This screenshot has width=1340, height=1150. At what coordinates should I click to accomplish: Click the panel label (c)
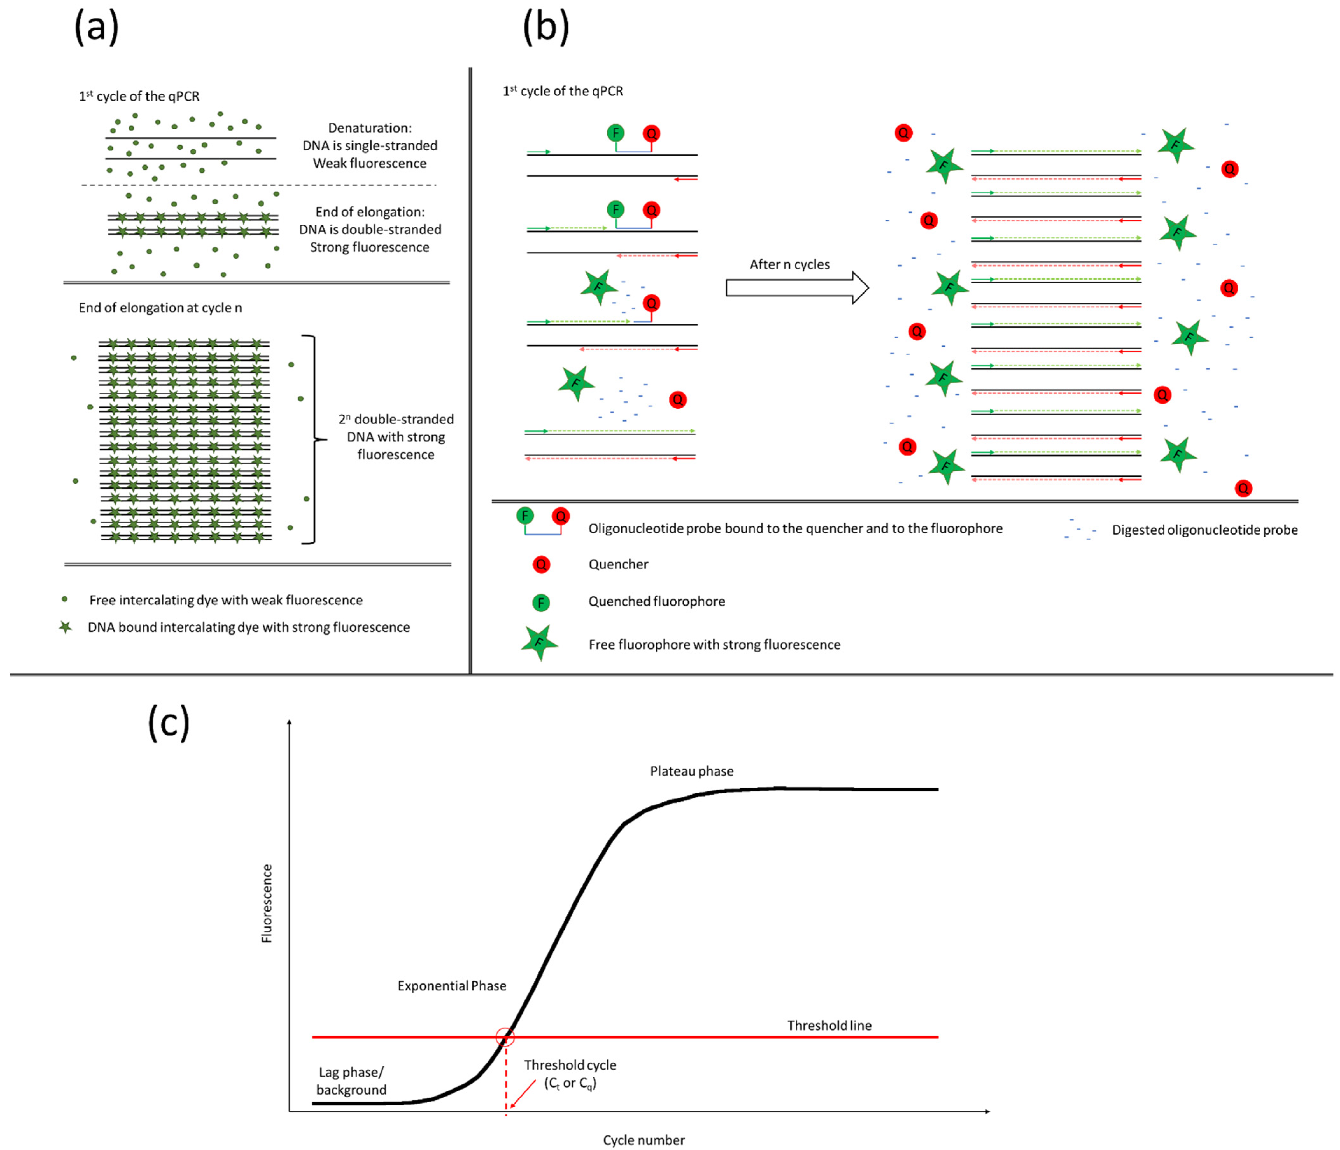169,723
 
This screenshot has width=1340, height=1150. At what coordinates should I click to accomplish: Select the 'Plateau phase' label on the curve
691,771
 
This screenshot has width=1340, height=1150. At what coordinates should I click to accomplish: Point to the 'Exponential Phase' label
452,986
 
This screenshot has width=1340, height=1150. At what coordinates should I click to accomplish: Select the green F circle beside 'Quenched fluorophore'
541,603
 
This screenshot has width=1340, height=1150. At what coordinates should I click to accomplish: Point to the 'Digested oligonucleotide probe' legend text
1204,530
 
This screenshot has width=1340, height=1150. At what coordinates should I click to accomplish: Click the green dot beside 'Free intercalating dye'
65,599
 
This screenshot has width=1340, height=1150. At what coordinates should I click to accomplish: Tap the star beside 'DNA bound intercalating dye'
65,627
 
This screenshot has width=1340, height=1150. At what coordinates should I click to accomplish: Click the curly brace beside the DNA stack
313,440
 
